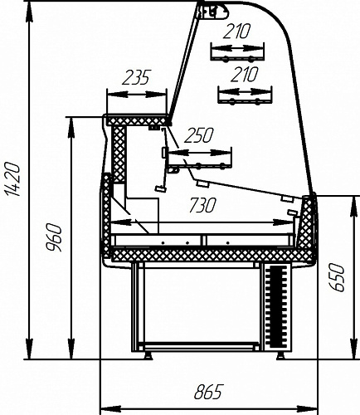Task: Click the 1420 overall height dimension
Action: (12, 180)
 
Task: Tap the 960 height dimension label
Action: (53, 237)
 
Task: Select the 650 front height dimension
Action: (337, 277)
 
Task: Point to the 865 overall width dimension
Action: (208, 392)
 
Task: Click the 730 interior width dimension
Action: (202, 205)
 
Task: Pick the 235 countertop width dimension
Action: (136, 77)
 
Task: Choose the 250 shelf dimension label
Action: (199, 135)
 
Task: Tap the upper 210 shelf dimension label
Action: (236, 32)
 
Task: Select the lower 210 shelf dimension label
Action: (245, 75)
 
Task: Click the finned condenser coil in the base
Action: (276, 306)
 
